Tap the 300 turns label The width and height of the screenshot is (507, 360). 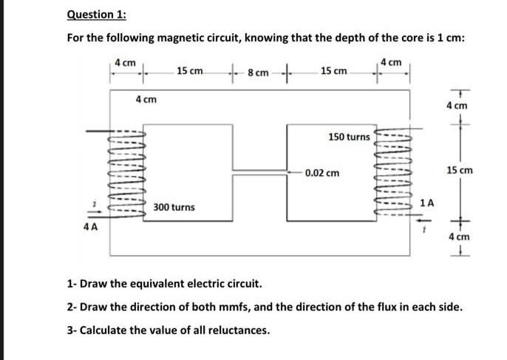174,208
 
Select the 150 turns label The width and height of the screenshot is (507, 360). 349,137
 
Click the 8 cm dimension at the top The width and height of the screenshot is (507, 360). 258,73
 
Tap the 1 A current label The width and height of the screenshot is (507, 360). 426,201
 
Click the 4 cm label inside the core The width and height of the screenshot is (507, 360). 145,99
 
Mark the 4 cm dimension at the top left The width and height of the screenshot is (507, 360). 125,62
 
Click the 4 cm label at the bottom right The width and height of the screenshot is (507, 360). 459,237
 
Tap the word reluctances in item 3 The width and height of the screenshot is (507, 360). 234,330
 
